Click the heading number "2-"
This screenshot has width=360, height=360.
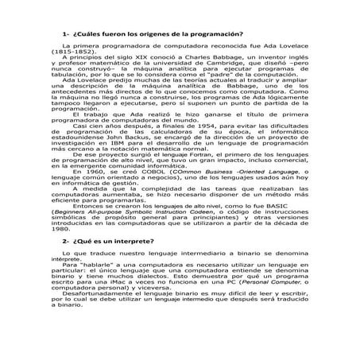66,240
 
